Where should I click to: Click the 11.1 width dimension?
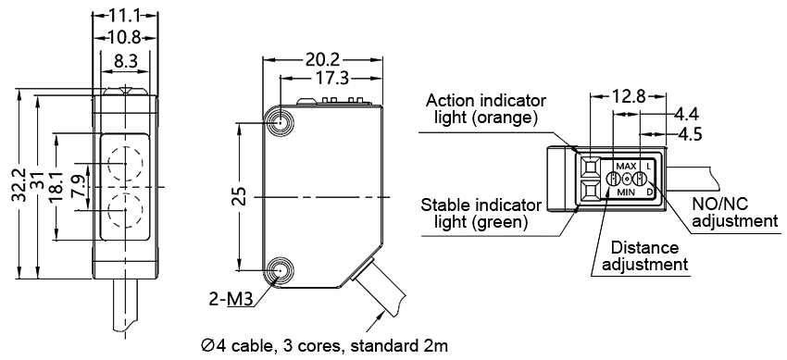pos(125,16)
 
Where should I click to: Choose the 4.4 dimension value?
pos(686,114)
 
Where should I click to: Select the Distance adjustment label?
pos(644,256)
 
